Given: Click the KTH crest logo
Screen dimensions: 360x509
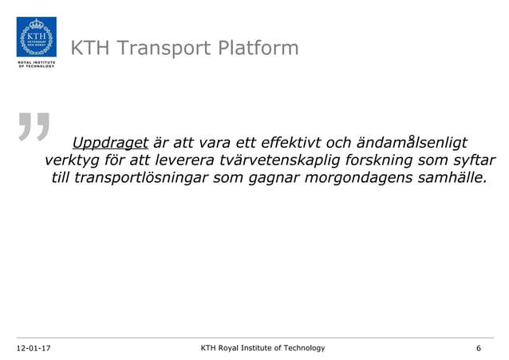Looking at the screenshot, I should tap(36, 37).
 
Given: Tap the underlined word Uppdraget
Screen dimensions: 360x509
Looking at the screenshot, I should tap(110, 144).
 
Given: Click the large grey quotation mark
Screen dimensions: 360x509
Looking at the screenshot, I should tap(34, 135).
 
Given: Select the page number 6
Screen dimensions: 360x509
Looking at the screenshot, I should tap(478, 348).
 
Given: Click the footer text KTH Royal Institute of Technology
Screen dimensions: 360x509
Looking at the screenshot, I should tap(262, 348).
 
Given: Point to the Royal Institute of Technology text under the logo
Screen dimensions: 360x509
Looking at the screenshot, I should tap(36, 65).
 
